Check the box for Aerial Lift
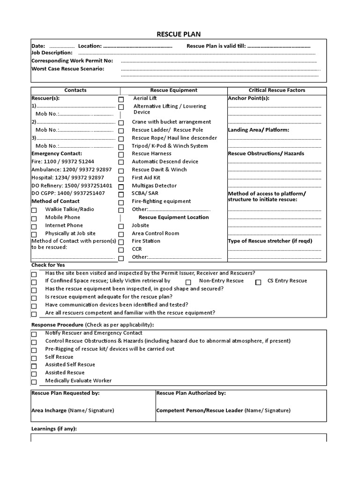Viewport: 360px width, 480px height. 121,99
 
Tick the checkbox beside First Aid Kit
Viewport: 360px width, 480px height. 121,179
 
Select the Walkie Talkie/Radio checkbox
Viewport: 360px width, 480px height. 34,210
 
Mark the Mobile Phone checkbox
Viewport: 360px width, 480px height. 34,218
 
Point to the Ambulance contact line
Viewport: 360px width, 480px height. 71,169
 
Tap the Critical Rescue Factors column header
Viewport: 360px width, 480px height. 277,90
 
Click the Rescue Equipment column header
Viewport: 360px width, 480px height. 173,90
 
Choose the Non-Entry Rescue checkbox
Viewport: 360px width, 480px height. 188,282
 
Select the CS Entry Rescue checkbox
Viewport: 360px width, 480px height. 258,282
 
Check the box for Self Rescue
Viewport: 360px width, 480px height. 34,358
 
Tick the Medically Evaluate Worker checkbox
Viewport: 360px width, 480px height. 34,382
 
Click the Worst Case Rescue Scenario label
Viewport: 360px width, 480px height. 67,68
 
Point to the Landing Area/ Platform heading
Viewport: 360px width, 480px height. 258,130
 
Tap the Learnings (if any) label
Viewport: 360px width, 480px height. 54,428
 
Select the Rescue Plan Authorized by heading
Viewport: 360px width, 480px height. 191,393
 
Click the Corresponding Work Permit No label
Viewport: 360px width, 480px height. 72,61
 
